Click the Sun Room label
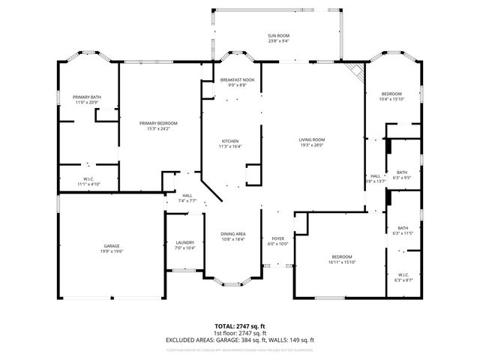[x=278, y=35]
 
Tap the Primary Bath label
[x=87, y=97]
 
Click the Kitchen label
[x=229, y=141]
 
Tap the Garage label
[x=112, y=246]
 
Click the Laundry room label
[x=184, y=242]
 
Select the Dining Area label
[x=233, y=234]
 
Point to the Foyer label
[x=278, y=238]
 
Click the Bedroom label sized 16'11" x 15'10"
[x=341, y=256]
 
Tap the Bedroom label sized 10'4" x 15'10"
[x=391, y=94]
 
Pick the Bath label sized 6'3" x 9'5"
[x=402, y=172]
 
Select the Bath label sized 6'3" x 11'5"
[x=403, y=228]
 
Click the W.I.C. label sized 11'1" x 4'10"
[x=88, y=178]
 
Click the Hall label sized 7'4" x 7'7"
[x=187, y=195]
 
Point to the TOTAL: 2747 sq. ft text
[x=240, y=326]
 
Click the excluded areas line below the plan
[x=240, y=340]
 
